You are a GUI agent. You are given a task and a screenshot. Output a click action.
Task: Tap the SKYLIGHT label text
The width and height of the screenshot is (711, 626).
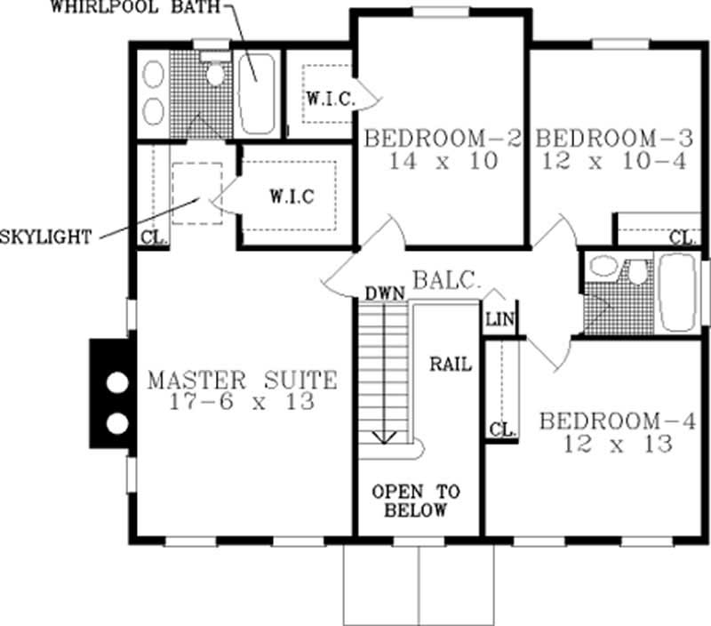pyautogui.click(x=46, y=237)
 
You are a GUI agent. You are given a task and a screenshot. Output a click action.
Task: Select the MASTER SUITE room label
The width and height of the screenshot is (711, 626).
pyautogui.click(x=242, y=381)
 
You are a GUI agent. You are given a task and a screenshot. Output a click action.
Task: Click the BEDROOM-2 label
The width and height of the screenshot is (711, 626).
pyautogui.click(x=443, y=139)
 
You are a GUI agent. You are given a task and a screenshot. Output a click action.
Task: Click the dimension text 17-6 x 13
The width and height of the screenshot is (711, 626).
pyautogui.click(x=242, y=403)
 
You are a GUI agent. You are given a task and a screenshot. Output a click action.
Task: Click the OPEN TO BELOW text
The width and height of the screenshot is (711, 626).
pyautogui.click(x=410, y=501)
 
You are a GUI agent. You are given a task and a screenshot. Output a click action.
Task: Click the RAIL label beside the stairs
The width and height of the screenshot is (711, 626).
pyautogui.click(x=451, y=364)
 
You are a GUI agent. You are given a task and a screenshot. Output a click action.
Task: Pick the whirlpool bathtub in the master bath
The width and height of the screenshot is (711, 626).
pyautogui.click(x=256, y=92)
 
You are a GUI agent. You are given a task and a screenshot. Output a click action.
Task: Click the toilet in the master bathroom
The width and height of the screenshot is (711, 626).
pyautogui.click(x=214, y=71)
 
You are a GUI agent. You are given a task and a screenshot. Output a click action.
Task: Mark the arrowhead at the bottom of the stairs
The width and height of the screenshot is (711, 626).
pyautogui.click(x=385, y=436)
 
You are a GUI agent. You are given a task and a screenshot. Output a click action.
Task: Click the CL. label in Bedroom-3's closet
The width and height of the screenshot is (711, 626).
pyautogui.click(x=682, y=237)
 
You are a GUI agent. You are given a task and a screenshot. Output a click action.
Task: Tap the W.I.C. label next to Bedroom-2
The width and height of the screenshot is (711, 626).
pyautogui.click(x=332, y=99)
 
